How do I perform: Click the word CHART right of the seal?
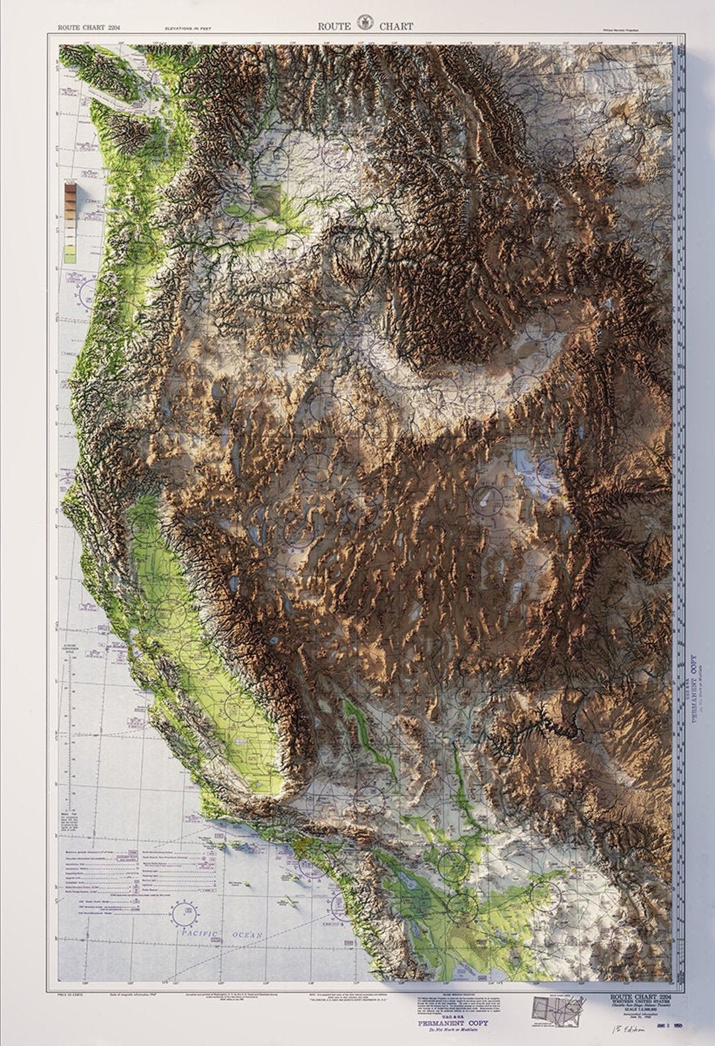click(396, 26)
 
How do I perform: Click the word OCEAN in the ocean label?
click(247, 934)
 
